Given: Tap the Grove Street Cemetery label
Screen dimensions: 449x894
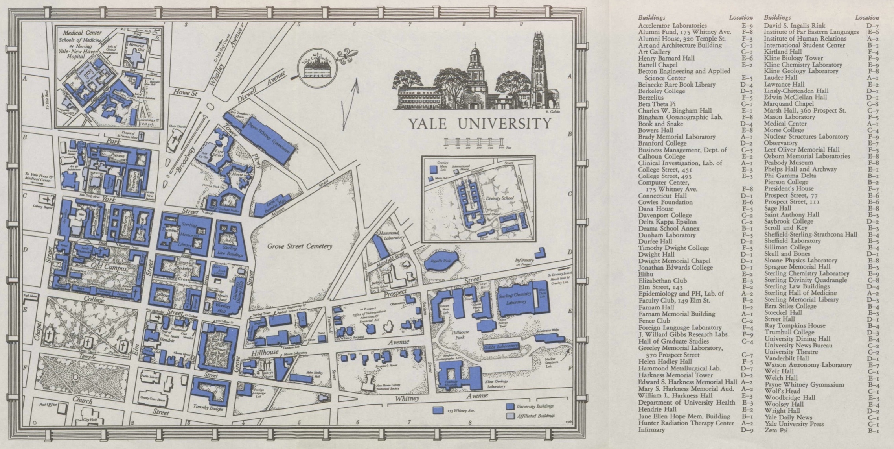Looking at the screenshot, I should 300,246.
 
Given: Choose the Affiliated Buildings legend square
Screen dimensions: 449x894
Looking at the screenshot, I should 510,416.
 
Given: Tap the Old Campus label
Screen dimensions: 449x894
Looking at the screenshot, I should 105,268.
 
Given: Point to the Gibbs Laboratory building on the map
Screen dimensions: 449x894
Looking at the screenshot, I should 500,347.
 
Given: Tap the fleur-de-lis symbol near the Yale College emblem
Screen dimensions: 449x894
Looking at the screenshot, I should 349,56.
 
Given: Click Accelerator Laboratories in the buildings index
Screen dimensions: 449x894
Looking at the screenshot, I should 672,26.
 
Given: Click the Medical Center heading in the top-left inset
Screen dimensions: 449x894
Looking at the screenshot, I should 82,33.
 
